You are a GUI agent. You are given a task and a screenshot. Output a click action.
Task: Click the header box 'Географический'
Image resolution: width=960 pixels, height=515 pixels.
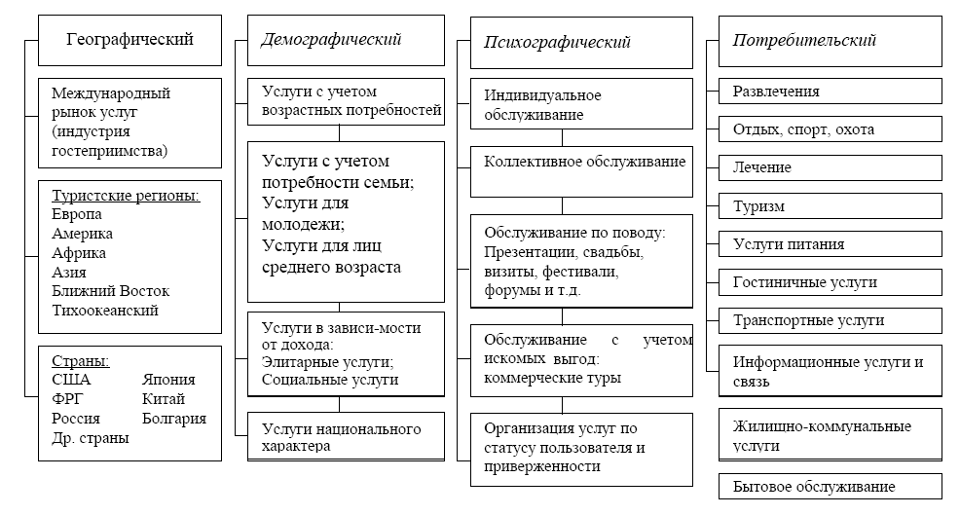(129, 41)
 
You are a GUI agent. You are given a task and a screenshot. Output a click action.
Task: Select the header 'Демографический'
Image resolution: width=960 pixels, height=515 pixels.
(332, 40)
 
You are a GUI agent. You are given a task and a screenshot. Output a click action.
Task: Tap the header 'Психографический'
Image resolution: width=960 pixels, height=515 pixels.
(558, 42)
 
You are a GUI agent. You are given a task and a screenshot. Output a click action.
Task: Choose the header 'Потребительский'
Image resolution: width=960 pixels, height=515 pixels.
(804, 41)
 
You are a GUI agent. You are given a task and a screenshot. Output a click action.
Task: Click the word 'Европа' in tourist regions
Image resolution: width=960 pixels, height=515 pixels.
(77, 214)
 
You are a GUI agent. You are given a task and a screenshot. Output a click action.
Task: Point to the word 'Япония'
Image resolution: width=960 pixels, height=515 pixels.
(168, 380)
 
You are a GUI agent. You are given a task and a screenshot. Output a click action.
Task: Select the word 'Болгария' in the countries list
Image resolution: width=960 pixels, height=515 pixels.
(174, 419)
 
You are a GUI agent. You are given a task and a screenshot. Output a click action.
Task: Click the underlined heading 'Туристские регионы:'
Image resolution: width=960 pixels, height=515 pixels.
(126, 196)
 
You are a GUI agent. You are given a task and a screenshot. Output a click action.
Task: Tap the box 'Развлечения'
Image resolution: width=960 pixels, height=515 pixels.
(830, 92)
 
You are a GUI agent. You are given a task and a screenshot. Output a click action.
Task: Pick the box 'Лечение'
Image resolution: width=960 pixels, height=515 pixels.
(830, 167)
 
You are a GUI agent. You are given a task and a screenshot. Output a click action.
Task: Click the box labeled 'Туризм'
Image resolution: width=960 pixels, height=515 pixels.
(830, 206)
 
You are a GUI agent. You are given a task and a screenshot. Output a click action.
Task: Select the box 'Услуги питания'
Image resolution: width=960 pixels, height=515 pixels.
(830, 244)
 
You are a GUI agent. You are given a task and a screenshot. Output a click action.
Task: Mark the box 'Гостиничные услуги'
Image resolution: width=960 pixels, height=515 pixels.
(830, 282)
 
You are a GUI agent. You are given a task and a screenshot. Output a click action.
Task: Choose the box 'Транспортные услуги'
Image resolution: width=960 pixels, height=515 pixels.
(830, 320)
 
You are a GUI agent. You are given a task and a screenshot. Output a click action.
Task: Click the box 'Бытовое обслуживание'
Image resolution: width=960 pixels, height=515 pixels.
(830, 486)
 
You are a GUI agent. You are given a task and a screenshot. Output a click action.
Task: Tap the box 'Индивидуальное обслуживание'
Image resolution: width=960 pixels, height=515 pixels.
(581, 105)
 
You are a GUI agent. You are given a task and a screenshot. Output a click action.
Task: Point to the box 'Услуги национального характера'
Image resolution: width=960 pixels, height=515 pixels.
(347, 437)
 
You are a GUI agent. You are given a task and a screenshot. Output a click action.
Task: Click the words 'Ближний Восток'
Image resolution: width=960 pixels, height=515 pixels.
(110, 291)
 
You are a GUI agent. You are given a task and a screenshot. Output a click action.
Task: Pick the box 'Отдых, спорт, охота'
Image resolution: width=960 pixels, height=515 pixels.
(830, 129)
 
